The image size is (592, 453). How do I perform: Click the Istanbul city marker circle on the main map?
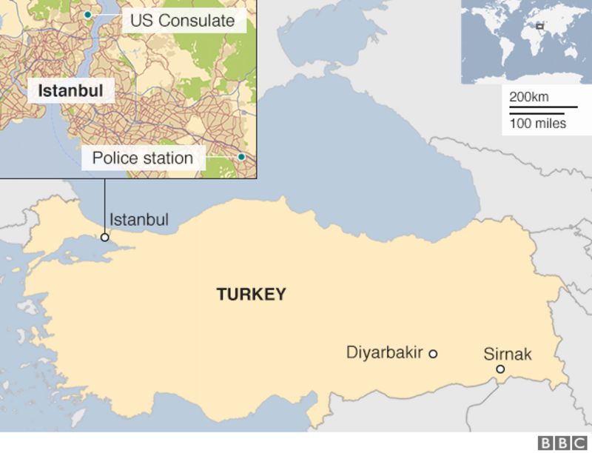point(105,238)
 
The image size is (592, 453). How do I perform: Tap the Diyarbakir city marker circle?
point(433,354)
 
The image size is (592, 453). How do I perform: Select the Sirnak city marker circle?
point(500,369)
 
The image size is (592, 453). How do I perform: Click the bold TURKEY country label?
point(251,295)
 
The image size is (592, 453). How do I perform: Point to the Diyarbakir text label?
point(384,352)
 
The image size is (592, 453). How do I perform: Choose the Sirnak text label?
point(508,354)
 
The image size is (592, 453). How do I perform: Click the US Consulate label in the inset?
point(182,20)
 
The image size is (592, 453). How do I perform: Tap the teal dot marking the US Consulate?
point(87,14)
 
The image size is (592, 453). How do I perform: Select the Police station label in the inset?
point(143,158)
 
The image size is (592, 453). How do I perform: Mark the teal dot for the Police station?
point(241,157)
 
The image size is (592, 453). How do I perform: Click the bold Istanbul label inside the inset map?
point(70,91)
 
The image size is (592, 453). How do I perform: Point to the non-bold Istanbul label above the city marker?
point(139,219)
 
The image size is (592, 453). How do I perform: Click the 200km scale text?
point(528,97)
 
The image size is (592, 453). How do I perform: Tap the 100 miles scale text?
point(537,124)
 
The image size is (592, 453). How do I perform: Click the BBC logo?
point(562,443)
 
